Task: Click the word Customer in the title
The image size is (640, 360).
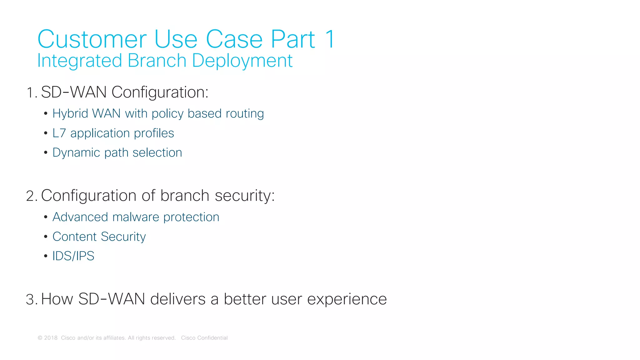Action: click(x=92, y=39)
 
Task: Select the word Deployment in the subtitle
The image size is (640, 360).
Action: click(x=242, y=61)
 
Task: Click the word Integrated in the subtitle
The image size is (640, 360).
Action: click(x=79, y=61)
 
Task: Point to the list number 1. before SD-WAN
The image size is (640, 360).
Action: click(x=32, y=93)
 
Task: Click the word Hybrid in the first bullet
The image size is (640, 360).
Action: click(x=70, y=114)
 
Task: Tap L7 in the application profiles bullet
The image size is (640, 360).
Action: click(x=59, y=133)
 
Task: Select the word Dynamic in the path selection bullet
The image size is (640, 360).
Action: click(x=76, y=153)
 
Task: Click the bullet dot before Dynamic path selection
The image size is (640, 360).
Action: click(x=46, y=153)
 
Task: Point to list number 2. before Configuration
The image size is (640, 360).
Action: click(x=32, y=196)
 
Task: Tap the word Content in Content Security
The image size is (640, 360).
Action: click(x=74, y=237)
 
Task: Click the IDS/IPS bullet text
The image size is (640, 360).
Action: click(x=73, y=256)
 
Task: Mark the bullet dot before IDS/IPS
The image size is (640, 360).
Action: click(x=46, y=256)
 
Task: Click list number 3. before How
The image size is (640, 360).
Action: click(x=32, y=300)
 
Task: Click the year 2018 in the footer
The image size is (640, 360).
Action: click(x=51, y=338)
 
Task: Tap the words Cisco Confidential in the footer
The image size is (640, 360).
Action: click(x=204, y=338)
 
